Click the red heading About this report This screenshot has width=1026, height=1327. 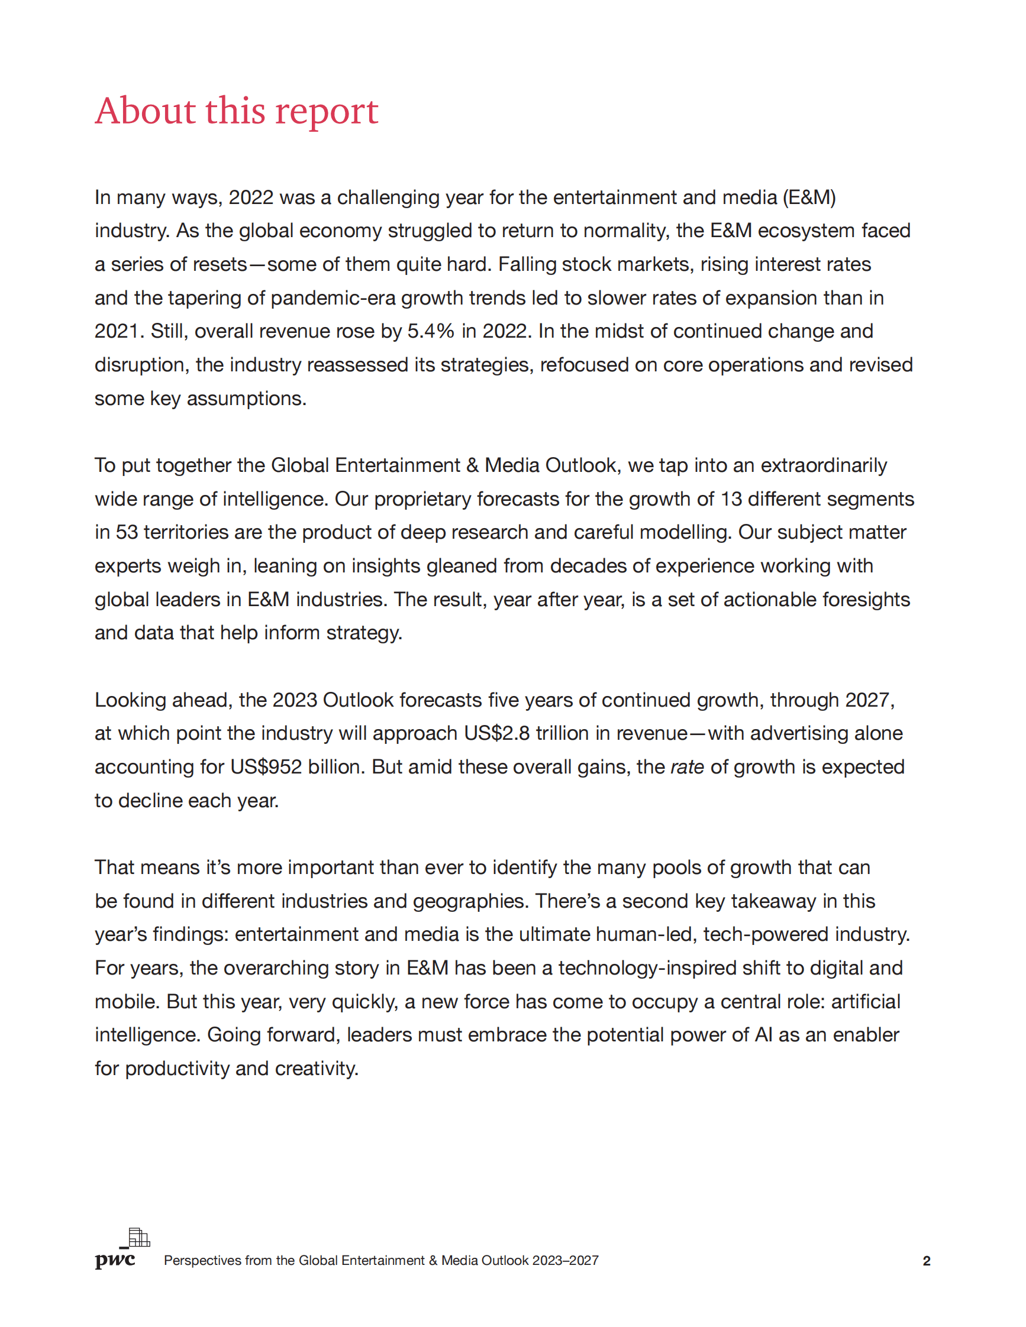click(x=237, y=111)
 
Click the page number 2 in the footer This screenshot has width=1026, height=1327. click(x=927, y=1261)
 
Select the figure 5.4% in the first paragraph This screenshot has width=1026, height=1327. click(x=430, y=331)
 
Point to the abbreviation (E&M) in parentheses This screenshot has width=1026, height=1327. click(x=808, y=198)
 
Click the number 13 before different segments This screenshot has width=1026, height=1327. click(x=731, y=499)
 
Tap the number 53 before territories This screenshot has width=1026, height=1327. click(x=127, y=532)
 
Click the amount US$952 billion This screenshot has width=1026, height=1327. click(x=297, y=767)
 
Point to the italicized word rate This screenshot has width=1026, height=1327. click(x=687, y=767)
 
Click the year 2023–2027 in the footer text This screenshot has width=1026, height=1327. click(x=565, y=1261)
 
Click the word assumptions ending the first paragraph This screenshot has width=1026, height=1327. click(x=246, y=399)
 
